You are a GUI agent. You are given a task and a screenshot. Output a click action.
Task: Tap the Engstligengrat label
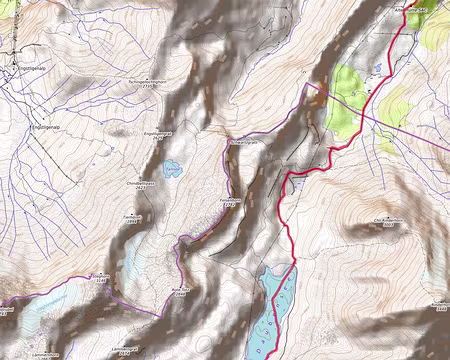[160, 134]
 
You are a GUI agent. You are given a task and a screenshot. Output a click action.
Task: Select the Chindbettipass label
[145, 185]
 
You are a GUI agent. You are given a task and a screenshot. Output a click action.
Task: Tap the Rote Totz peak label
[180, 288]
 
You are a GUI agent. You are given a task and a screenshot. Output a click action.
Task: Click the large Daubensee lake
[275, 300]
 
